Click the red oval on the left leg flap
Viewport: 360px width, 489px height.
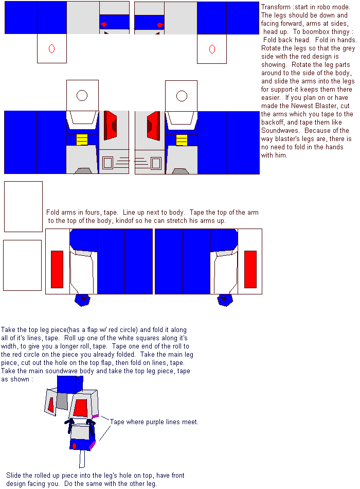pyautogui.click(x=52, y=49)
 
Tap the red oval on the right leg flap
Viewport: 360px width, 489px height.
pyautogui.click(x=212, y=49)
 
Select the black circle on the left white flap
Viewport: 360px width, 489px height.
pyautogui.click(x=82, y=95)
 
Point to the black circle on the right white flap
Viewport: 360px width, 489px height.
pyautogui.click(x=182, y=96)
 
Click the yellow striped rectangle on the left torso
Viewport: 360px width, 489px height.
pyautogui.click(x=82, y=139)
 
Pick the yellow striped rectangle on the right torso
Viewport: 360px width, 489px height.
pyautogui.click(x=182, y=140)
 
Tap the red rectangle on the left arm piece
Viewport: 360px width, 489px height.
pyautogui.click(x=57, y=269)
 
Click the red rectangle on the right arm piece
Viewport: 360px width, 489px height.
pyautogui.click(x=250, y=269)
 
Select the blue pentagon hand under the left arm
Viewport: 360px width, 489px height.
pyautogui.click(x=83, y=300)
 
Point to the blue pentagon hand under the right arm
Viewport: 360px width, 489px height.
pyautogui.click(x=225, y=300)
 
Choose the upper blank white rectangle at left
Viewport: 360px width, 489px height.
pyautogui.click(x=23, y=206)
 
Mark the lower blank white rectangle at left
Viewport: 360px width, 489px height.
pyautogui.click(x=23, y=266)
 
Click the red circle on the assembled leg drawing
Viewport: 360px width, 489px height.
pyautogui.click(x=74, y=446)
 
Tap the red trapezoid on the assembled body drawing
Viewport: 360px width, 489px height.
pyautogui.click(x=81, y=408)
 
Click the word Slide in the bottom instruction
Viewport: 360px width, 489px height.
pyautogui.click(x=13, y=475)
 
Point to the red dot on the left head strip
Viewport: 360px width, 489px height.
pyautogui.click(x=104, y=24)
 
